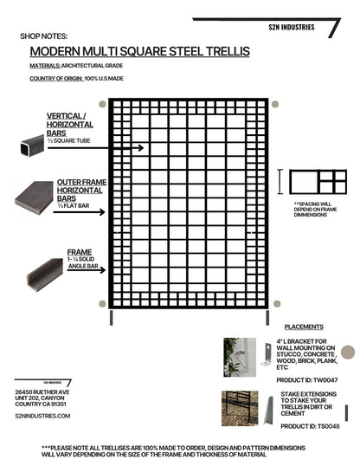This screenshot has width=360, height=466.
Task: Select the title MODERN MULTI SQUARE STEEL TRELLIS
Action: click(139, 52)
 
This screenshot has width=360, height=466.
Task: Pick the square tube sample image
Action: click(30, 152)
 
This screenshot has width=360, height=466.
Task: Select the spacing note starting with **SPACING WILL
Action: click(316, 211)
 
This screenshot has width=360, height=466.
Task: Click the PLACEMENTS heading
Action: click(304, 327)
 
